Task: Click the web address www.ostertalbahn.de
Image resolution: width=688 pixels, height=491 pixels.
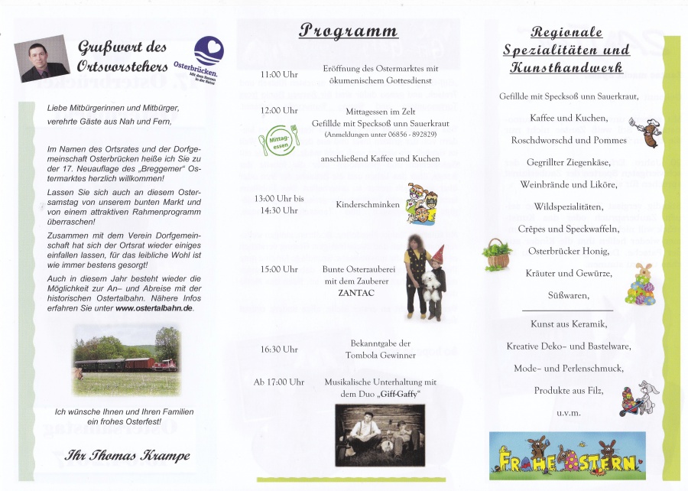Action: pyautogui.click(x=154, y=308)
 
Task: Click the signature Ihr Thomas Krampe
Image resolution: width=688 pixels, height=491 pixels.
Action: pyautogui.click(x=128, y=456)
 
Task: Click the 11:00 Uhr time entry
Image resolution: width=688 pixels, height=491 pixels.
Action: pyautogui.click(x=279, y=75)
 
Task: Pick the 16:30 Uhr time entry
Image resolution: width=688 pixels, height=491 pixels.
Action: pyautogui.click(x=279, y=350)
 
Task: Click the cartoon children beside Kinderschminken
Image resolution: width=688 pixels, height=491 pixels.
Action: pyautogui.click(x=420, y=204)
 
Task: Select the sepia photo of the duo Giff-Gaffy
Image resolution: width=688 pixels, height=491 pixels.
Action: pyautogui.click(x=379, y=434)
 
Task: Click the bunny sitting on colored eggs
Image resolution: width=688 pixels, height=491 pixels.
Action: pyautogui.click(x=641, y=285)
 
